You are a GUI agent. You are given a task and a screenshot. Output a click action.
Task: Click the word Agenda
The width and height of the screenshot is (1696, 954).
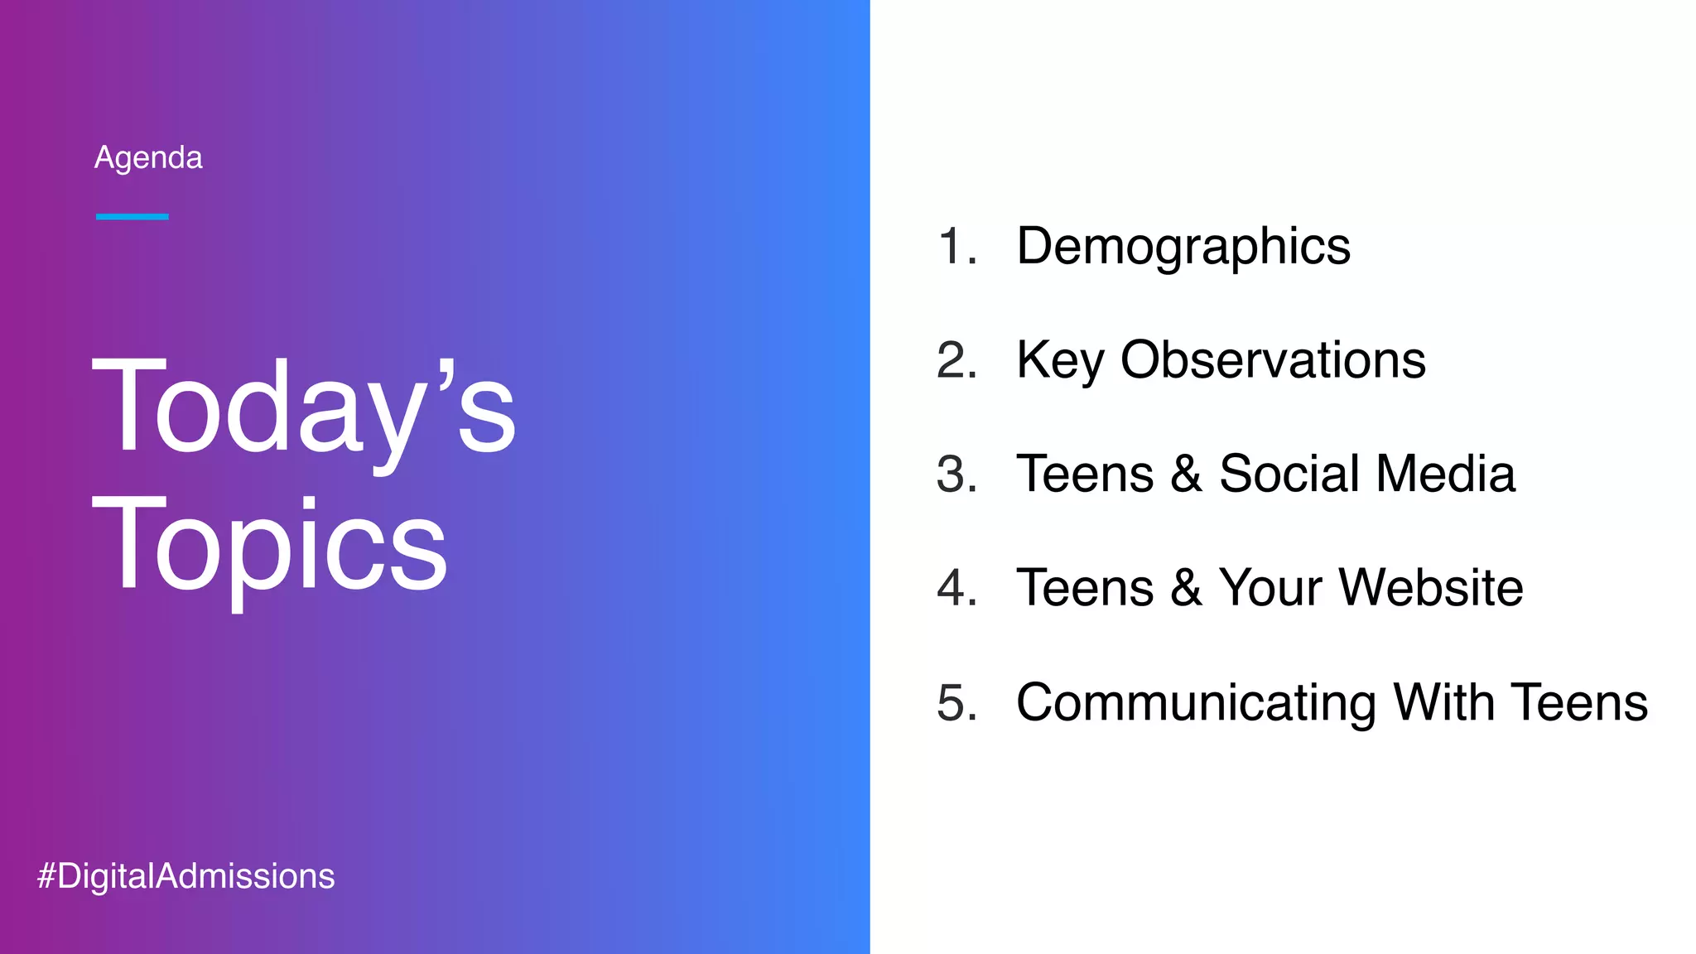coord(148,157)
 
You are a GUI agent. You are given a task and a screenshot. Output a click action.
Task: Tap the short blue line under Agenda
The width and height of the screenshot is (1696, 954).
coord(132,217)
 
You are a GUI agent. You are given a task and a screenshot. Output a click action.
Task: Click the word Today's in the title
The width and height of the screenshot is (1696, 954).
coord(303,407)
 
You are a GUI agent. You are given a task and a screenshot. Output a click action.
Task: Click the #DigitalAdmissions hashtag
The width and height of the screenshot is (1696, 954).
coord(186,876)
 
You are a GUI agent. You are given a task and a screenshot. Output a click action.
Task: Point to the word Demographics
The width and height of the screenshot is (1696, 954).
coord(1183,247)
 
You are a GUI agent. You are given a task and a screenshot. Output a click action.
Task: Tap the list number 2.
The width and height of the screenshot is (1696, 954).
coord(956,360)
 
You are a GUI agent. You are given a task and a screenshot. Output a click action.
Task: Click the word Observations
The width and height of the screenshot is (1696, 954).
coord(1273,360)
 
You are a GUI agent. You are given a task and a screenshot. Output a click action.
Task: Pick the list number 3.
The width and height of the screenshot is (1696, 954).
coord(956,475)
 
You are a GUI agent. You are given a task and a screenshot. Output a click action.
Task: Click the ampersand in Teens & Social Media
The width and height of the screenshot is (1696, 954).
coord(1186,475)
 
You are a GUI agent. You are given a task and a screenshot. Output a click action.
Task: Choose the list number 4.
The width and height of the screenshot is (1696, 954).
coord(956,588)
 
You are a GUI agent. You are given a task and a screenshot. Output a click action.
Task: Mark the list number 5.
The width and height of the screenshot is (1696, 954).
coord(956,702)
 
